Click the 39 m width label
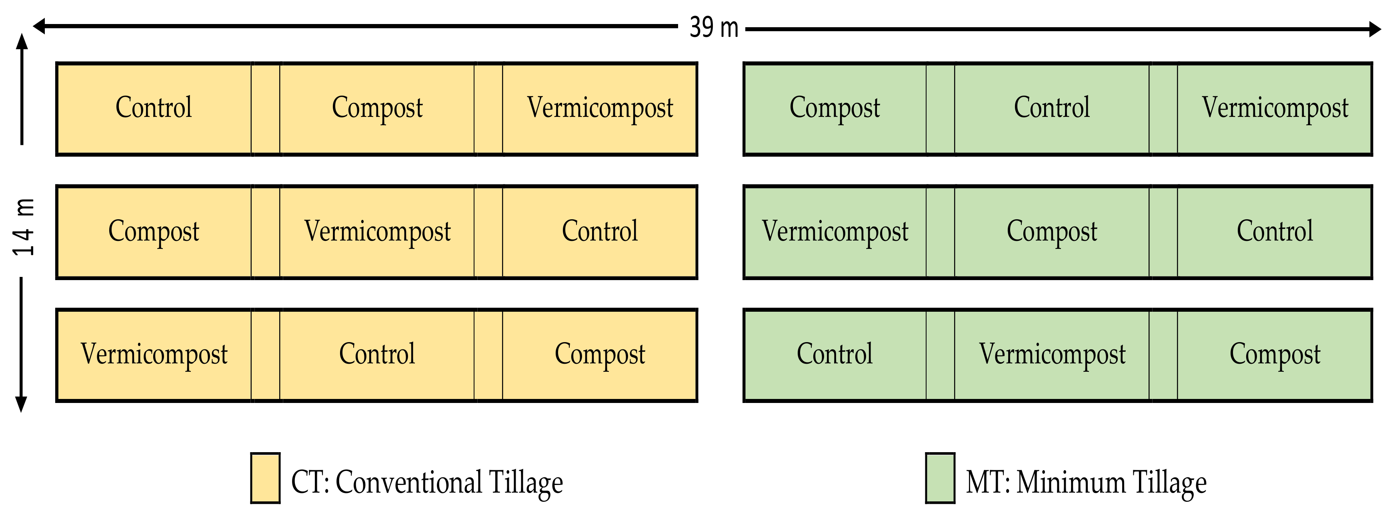click(x=714, y=27)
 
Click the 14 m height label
click(x=24, y=227)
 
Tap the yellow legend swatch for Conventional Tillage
click(x=265, y=478)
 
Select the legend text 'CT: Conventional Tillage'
click(x=427, y=482)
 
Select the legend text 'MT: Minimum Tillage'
click(x=1086, y=482)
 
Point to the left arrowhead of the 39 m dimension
click(x=39, y=26)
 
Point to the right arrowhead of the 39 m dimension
click(x=1374, y=29)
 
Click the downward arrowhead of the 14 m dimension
click(x=21, y=404)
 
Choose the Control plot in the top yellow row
click(x=154, y=108)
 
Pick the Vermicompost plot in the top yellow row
click(x=600, y=108)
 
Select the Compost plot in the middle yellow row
click(x=154, y=232)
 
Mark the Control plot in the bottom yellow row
click(x=377, y=355)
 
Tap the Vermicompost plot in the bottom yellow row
click(x=154, y=355)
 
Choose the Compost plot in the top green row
click(x=835, y=108)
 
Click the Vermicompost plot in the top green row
click(x=1275, y=108)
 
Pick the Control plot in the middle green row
click(x=1275, y=232)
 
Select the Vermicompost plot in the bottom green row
click(x=1052, y=355)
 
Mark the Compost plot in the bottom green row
click(x=1275, y=355)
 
